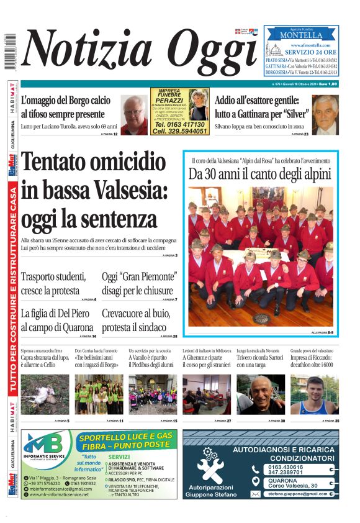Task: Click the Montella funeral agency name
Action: [x=301, y=35]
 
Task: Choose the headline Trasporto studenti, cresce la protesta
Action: [x=53, y=283]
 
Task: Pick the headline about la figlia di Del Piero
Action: [x=57, y=320]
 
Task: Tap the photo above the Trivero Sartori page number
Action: [x=261, y=394]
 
